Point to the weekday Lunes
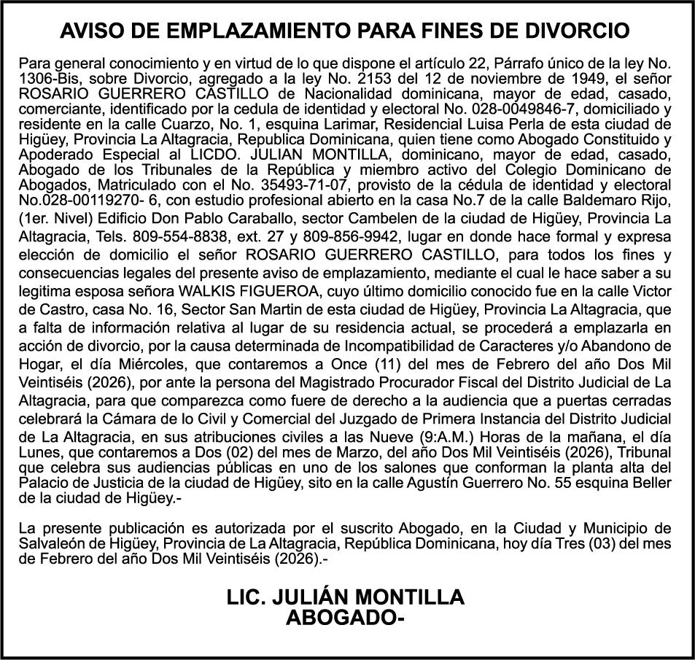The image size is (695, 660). (x=39, y=454)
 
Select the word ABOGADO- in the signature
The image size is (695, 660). (x=345, y=618)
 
